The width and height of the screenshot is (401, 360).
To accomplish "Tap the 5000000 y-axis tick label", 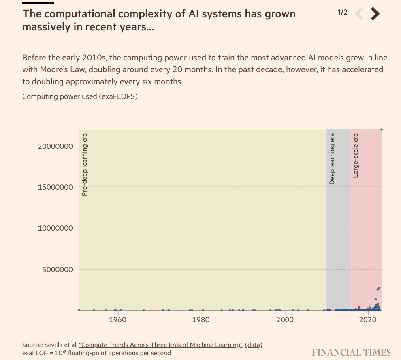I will (58, 269).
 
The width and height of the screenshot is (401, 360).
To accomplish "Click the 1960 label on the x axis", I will (118, 319).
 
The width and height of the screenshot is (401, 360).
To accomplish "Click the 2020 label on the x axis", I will (368, 319).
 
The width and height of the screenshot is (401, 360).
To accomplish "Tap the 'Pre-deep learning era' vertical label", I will (85, 164).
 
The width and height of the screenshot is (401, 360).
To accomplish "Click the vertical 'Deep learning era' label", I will (332, 159).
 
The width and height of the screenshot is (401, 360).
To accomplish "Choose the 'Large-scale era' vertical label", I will (356, 155).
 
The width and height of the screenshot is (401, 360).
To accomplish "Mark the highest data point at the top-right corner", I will (381, 129).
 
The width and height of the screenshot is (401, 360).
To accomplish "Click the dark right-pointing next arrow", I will (375, 14).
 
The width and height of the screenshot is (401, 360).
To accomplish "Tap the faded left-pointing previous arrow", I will (359, 14).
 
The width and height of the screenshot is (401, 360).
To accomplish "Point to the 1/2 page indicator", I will (342, 12).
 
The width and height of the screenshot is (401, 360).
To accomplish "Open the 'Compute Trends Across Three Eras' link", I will (160, 345).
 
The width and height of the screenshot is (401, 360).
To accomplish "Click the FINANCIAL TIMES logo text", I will (351, 352).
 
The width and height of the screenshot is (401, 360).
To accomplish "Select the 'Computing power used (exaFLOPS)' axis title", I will (80, 96).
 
